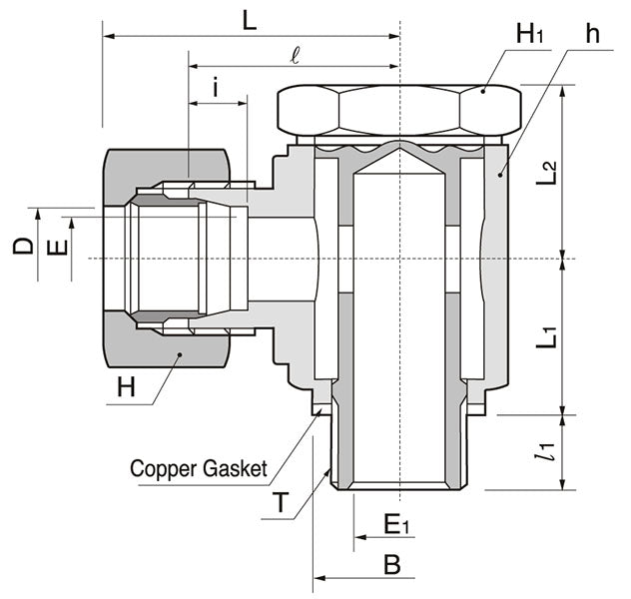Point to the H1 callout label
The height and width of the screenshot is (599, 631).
pyautogui.click(x=529, y=34)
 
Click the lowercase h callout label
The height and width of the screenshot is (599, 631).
pyautogui.click(x=593, y=34)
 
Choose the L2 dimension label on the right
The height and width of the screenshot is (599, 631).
pyautogui.click(x=545, y=166)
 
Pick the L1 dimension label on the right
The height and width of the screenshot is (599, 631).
pyautogui.click(x=545, y=332)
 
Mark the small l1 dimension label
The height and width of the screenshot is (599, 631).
pyautogui.click(x=543, y=452)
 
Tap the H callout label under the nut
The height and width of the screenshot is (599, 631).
pyautogui.click(x=125, y=387)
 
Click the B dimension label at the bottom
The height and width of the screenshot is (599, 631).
pyautogui.click(x=392, y=564)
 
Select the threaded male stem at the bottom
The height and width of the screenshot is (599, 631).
pyautogui.click(x=399, y=449)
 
